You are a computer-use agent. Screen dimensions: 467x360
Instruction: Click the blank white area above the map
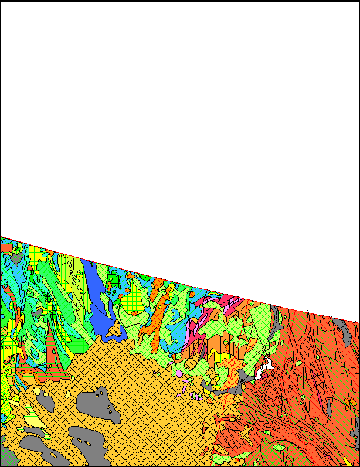(x=176, y=117)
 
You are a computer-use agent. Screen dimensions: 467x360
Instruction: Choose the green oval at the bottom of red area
(x=280, y=448)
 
